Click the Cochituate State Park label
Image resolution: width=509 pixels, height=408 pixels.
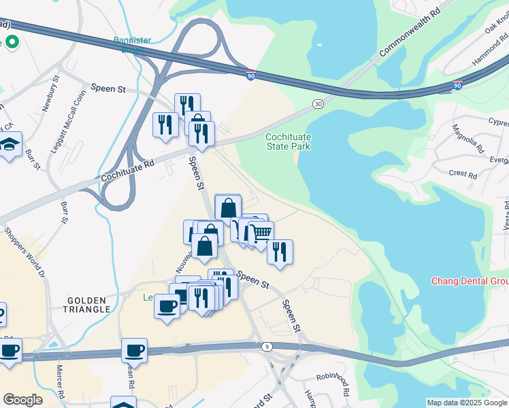[288, 141]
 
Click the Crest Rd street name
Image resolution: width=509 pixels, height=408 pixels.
[463, 174]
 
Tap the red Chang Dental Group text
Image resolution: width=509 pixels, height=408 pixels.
[470, 282]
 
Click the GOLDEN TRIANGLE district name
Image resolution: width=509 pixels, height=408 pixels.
[89, 304]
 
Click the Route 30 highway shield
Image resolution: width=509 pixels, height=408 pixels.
[318, 103]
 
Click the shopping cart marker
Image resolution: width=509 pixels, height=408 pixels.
[261, 233]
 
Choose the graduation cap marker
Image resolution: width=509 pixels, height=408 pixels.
[10, 144]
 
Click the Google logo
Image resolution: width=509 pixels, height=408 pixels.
[22, 400]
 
